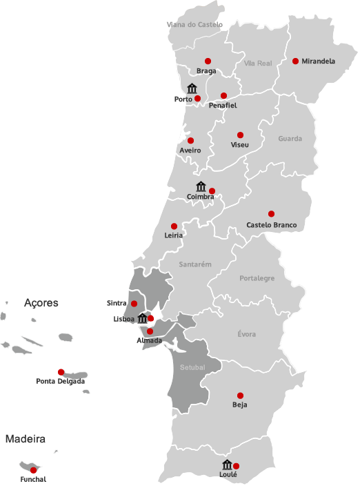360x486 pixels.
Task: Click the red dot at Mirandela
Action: coord(295,61)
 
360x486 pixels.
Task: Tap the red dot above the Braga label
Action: coord(208,61)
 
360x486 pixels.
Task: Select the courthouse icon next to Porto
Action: coord(192,88)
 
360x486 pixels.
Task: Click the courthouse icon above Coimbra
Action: coord(201,186)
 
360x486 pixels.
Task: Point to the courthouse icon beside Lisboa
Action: coord(142,318)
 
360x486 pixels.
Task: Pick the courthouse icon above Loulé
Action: coord(227,465)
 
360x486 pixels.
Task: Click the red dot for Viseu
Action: coord(240,135)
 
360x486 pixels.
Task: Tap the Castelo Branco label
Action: coord(271,225)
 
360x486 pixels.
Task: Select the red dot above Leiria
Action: coord(174,226)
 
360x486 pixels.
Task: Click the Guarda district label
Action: coord(290,139)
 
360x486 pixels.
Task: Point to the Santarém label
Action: coord(194,264)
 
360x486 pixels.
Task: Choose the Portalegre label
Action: coord(257,278)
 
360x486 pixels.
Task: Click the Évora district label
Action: coord(246,334)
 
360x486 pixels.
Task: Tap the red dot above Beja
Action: coord(240,396)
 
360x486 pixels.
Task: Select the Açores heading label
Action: coord(41,303)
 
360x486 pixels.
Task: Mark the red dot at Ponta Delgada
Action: coord(61,371)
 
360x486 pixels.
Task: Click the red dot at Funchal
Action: coord(33,470)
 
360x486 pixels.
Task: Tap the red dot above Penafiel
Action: coord(223,95)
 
